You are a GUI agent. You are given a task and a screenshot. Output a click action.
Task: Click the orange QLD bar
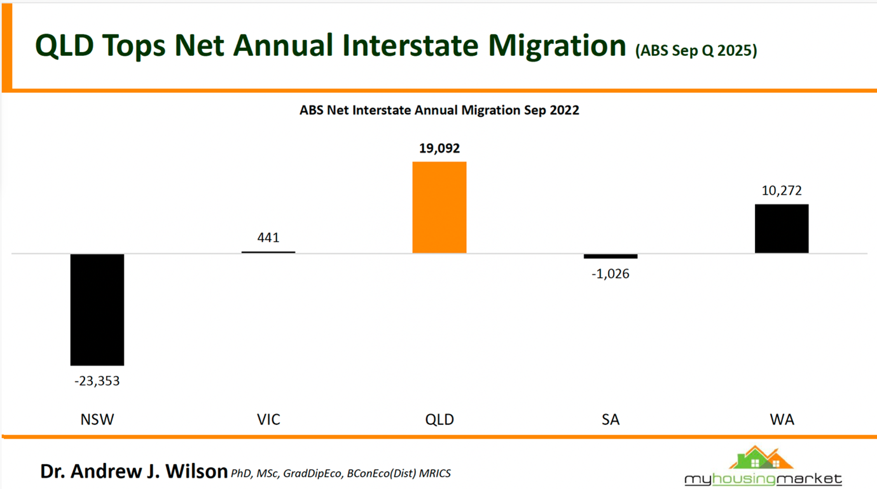click(439, 207)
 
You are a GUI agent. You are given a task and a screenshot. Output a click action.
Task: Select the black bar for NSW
click(97, 309)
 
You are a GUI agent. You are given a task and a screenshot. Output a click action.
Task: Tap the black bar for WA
click(782, 228)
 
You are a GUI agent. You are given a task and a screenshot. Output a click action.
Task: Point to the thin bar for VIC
click(268, 252)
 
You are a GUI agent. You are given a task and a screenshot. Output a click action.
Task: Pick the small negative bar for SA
click(611, 256)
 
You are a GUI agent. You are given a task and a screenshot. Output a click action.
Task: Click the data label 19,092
click(439, 148)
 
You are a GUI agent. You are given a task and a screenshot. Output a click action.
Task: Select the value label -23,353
click(97, 382)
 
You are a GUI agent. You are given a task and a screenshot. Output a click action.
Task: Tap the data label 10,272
click(782, 191)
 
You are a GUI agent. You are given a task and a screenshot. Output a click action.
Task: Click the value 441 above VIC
click(268, 237)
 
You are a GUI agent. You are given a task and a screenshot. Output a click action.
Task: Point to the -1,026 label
click(611, 274)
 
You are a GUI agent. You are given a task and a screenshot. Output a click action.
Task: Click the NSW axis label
click(97, 420)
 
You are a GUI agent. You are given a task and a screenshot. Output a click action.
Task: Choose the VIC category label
click(268, 420)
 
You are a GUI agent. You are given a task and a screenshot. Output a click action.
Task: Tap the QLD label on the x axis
click(439, 420)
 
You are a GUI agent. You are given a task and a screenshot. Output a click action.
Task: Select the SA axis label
click(611, 420)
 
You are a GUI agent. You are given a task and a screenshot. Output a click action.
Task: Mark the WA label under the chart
click(782, 420)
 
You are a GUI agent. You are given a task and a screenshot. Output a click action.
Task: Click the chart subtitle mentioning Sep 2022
click(439, 110)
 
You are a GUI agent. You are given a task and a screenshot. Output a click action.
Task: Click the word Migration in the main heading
click(556, 46)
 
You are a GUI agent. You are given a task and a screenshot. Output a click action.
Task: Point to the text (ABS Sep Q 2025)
click(696, 50)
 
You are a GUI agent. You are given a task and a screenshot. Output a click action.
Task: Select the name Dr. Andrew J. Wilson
click(134, 471)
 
